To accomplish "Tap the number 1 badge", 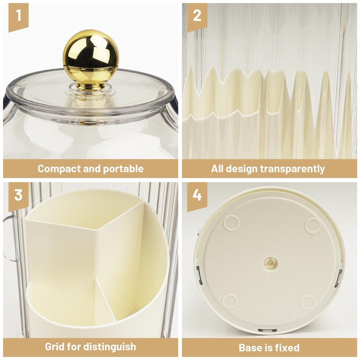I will [x=18, y=16].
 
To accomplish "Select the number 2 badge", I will [x=197, y=16].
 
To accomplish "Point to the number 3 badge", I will [x=18, y=194].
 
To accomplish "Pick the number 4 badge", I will [x=197, y=194].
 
